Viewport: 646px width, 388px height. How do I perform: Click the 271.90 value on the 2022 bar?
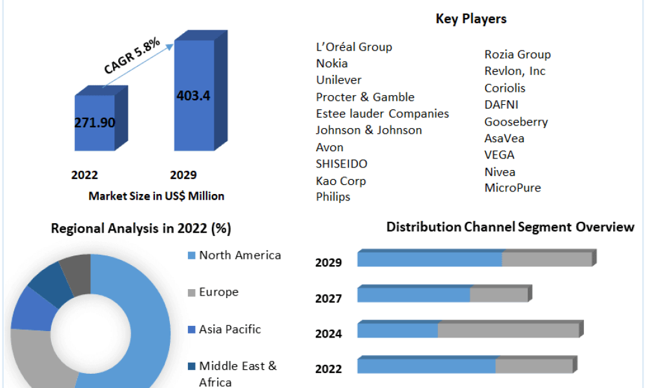point(95,122)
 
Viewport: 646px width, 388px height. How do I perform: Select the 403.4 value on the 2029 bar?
point(193,96)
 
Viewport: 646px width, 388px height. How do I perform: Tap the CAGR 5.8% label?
point(132,56)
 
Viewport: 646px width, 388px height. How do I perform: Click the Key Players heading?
point(471,19)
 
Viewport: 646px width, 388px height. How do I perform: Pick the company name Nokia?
point(331,63)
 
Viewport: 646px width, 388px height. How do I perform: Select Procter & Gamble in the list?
point(365,97)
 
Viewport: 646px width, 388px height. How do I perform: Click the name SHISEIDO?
point(342,164)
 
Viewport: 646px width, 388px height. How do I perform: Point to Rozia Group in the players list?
point(517,54)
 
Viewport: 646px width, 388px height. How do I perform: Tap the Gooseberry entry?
point(516,122)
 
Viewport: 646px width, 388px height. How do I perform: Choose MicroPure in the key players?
point(512,188)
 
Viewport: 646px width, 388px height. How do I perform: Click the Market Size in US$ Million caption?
point(156,196)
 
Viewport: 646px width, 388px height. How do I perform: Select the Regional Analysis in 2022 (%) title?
point(141,228)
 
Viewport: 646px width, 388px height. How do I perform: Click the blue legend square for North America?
point(192,255)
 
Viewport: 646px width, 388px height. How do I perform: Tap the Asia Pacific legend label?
point(230,329)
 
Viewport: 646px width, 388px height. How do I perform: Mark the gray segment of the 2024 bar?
point(509,330)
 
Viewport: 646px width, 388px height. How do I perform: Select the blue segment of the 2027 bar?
point(413,295)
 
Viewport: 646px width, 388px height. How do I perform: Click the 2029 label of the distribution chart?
point(328,263)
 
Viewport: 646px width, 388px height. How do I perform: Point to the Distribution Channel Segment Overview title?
point(510,227)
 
